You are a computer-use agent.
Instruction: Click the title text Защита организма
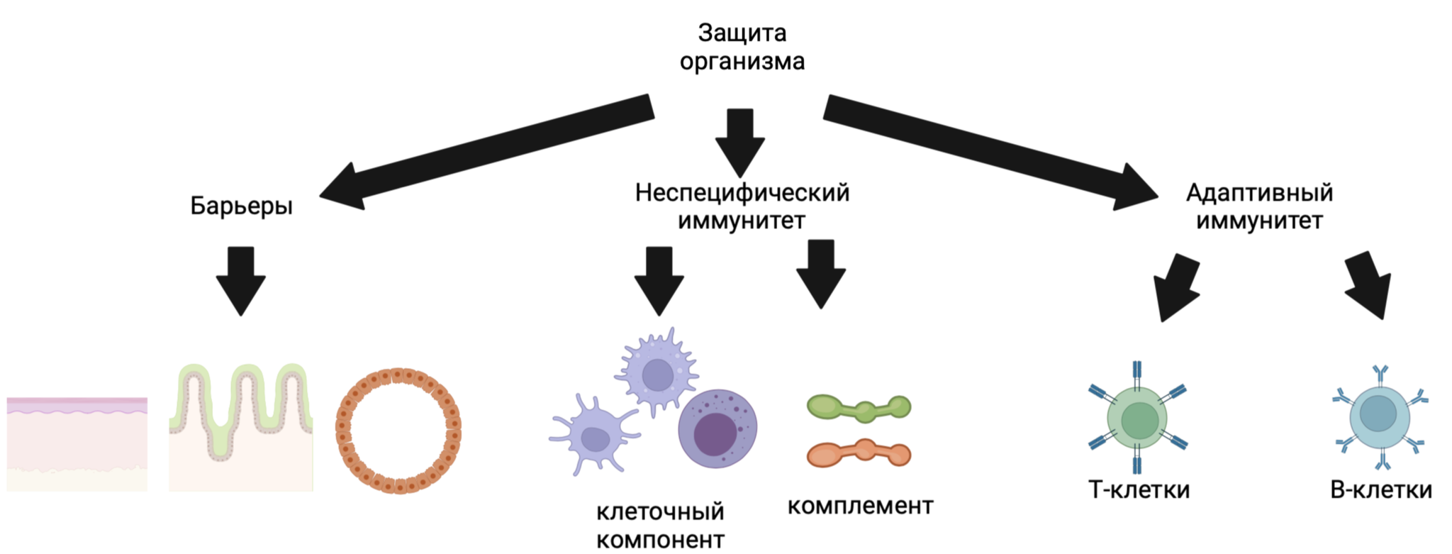742,47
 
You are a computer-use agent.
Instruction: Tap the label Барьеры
241,206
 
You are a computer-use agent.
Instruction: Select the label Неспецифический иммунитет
742,206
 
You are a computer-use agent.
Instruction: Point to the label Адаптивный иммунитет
1259,206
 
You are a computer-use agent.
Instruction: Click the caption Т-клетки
1139,489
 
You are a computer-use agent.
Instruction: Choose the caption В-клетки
1380,489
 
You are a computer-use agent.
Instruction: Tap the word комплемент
860,506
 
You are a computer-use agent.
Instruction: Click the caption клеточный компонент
660,525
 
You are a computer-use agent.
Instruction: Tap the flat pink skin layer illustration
77,443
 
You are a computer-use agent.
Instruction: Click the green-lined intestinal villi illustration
241,426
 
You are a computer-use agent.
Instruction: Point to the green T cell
1138,420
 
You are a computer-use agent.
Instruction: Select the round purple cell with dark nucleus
717,428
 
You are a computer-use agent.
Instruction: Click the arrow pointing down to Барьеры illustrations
241,280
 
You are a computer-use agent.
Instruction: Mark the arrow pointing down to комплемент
821,274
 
